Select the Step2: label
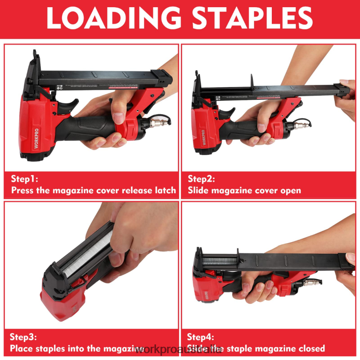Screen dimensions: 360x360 [x=201, y=179]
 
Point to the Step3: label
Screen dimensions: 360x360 [x=24, y=337]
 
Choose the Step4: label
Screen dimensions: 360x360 [x=200, y=337]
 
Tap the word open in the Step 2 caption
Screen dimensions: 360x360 [x=289, y=190]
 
